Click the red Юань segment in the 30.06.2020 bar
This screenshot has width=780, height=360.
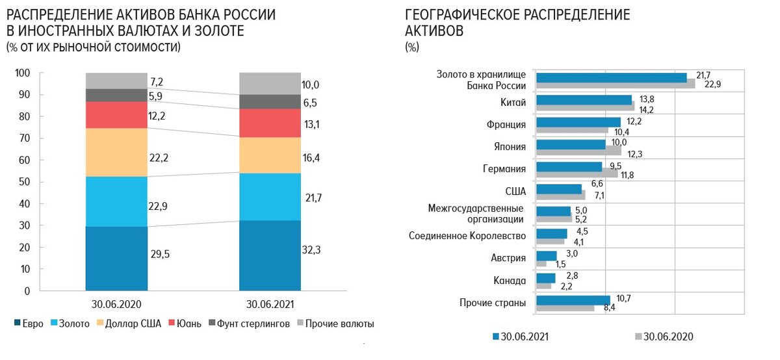click(x=116, y=115)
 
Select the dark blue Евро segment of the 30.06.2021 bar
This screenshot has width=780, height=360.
click(x=270, y=255)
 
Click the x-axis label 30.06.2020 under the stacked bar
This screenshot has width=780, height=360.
click(x=116, y=304)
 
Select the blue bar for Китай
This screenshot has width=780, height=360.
click(x=584, y=99)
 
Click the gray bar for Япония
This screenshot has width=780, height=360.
click(x=578, y=151)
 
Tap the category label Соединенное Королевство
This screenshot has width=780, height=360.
click(x=467, y=235)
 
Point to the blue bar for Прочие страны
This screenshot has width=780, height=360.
click(x=573, y=300)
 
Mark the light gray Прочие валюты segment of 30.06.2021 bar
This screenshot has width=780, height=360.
click(x=270, y=83)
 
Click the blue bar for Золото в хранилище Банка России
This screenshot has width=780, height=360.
click(x=611, y=78)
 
